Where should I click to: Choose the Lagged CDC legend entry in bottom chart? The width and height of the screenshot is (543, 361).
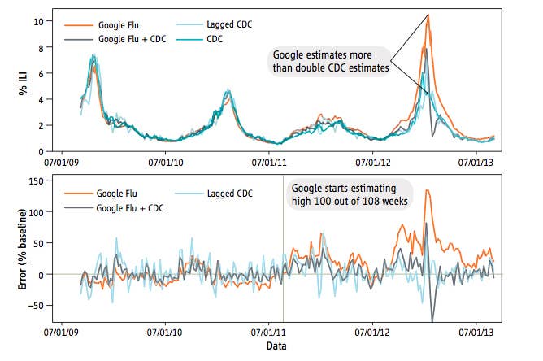(x=230, y=194)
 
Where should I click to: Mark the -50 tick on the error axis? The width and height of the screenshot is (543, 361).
(x=46, y=306)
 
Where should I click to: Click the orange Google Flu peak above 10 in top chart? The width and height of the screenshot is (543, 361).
(x=428, y=15)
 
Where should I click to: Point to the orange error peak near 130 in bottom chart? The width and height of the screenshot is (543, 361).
(x=428, y=191)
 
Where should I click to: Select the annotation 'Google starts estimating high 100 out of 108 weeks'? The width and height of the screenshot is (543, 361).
(x=351, y=195)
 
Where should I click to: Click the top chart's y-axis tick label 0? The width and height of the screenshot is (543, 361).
(x=50, y=151)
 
